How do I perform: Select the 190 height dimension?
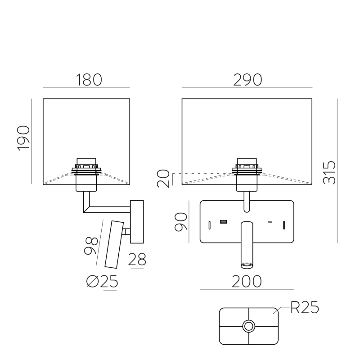point(23,138)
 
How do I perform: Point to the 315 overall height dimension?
point(329,172)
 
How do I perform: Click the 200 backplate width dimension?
point(247,281)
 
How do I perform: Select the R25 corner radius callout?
point(305,308)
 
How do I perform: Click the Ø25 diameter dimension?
point(102,282)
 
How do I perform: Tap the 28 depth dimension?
point(137,259)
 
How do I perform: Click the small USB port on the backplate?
point(223,221)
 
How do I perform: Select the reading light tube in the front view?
point(247,243)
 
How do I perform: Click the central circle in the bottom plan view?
point(248,326)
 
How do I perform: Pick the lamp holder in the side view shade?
point(86,173)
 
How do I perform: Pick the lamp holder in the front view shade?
point(247,173)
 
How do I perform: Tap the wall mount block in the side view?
point(137,220)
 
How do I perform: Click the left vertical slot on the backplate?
point(210,225)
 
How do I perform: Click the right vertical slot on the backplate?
point(284,225)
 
